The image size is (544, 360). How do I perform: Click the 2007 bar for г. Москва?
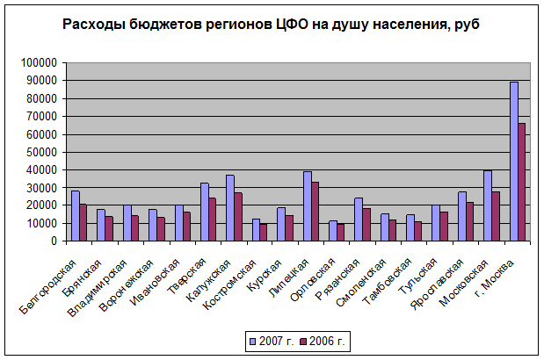point(514,162)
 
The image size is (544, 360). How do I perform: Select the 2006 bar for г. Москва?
point(522,182)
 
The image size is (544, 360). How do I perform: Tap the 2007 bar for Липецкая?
point(308,206)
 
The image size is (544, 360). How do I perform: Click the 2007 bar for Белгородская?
point(76,216)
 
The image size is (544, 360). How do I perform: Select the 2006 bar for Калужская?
point(238,217)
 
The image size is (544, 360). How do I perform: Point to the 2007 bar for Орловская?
point(333,231)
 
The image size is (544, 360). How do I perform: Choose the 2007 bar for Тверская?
point(205,212)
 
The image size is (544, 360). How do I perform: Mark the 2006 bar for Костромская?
point(264,232)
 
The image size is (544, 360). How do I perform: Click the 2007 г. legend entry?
point(272,342)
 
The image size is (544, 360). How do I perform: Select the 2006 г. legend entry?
point(323,342)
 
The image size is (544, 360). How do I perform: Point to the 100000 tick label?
point(39,62)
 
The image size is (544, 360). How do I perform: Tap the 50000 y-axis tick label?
point(41,152)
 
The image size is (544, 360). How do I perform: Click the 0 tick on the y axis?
point(54,241)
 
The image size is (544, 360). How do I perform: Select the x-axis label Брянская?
point(82,277)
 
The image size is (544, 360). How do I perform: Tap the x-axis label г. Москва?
point(494,278)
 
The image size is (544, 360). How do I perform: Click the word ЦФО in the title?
point(292,25)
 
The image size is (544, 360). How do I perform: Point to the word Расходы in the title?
point(94,25)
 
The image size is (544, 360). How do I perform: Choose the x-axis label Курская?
point(264,276)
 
